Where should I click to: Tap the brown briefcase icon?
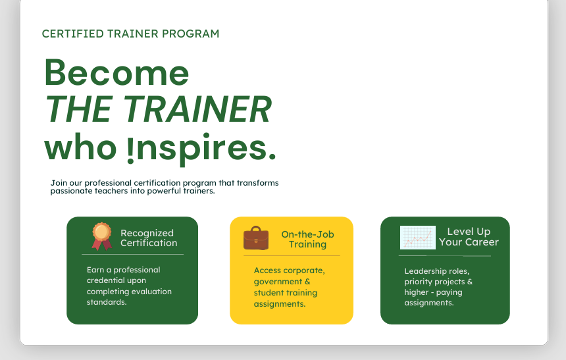(256, 238)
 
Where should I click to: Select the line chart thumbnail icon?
(418, 238)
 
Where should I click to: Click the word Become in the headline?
(116, 72)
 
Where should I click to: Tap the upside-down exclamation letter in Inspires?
(130, 149)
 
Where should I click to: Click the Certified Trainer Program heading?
(130, 34)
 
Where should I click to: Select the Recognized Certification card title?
(148, 238)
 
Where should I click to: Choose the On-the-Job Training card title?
(307, 239)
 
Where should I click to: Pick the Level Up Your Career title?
(469, 236)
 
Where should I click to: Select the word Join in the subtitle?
(58, 183)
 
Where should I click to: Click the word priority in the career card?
(418, 282)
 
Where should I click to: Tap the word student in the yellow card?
(269, 292)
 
